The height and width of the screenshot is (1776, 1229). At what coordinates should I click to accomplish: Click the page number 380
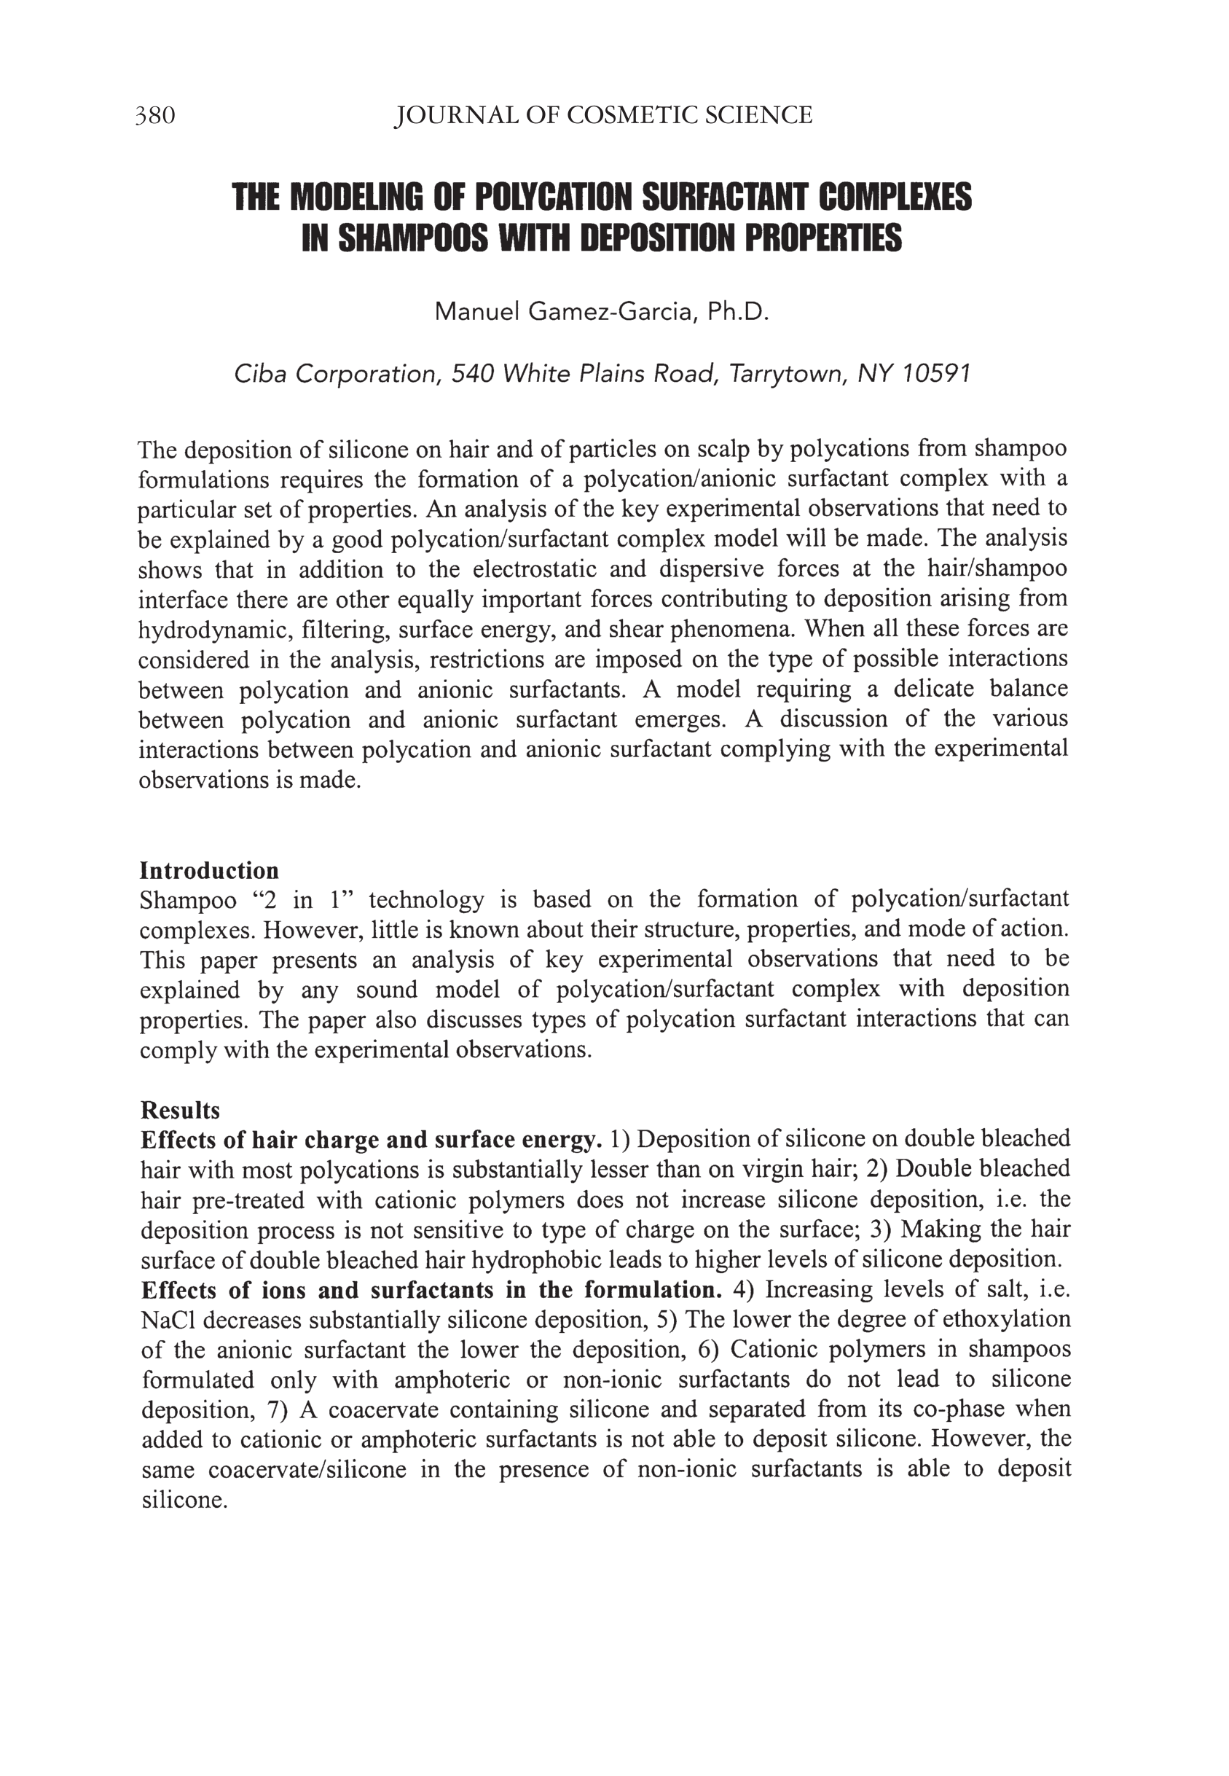click(x=156, y=116)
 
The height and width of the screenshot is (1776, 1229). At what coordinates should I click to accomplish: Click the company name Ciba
click(x=260, y=374)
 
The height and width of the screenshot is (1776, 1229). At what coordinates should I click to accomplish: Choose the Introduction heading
click(x=208, y=870)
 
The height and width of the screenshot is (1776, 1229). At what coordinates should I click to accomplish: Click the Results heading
click(x=180, y=1110)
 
